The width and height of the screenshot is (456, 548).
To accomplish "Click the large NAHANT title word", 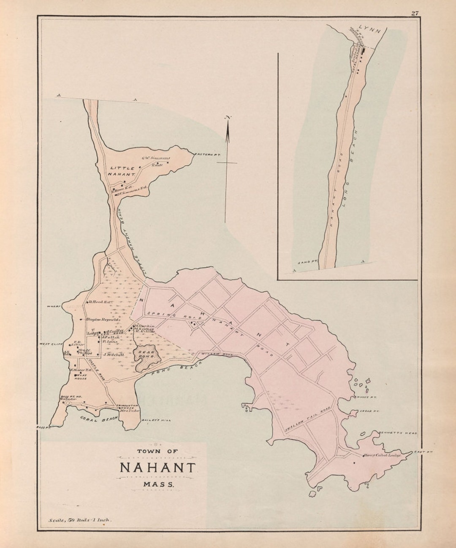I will pyautogui.click(x=158, y=468).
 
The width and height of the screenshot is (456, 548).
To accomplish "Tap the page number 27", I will pyautogui.click(x=415, y=13).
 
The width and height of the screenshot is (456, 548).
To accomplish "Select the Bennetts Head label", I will pyautogui.click(x=403, y=433).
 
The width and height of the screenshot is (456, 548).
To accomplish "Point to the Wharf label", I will pyautogui.click(x=54, y=304).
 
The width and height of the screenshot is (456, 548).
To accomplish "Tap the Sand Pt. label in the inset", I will pyautogui.click(x=307, y=262).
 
